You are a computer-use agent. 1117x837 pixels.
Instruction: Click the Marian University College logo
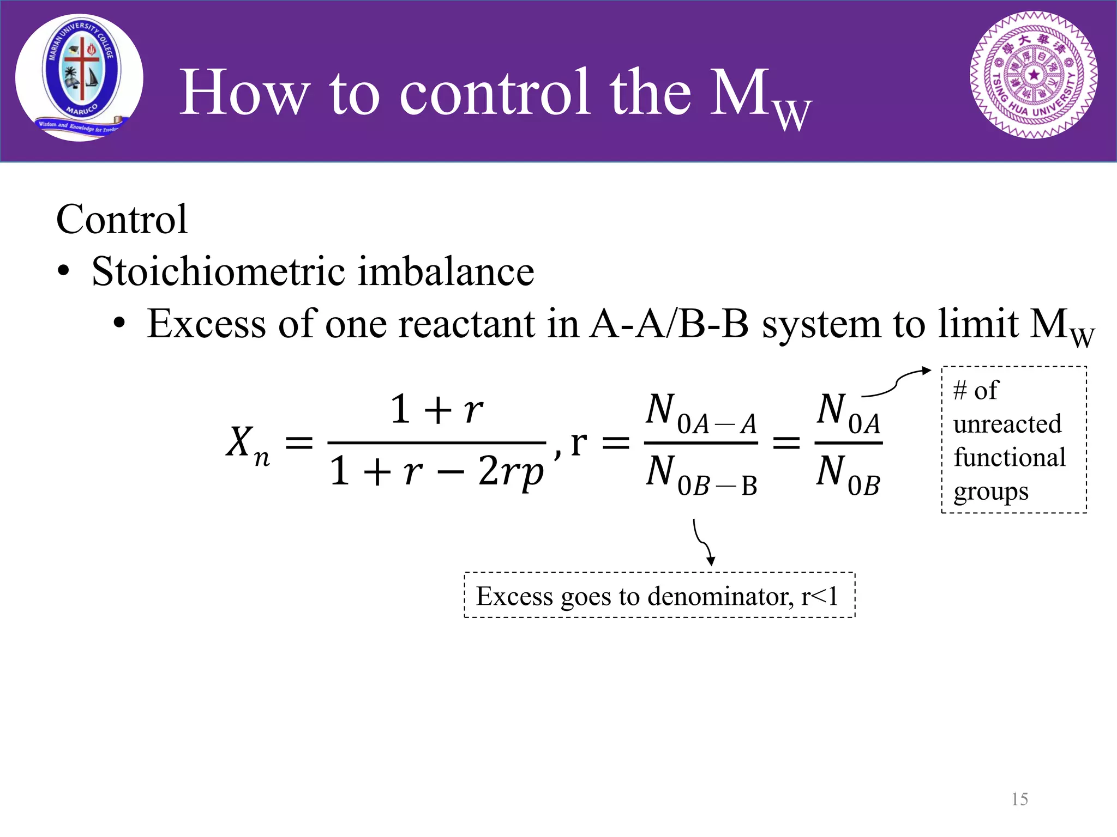tap(80, 77)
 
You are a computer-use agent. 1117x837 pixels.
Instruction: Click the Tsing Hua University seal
tap(1034, 75)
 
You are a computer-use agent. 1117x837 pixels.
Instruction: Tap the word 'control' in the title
tap(495, 93)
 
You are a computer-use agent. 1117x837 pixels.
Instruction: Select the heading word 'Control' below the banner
tap(122, 219)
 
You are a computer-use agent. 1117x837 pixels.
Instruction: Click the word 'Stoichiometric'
tap(219, 271)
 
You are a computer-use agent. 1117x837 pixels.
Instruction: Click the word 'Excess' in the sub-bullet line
tap(206, 324)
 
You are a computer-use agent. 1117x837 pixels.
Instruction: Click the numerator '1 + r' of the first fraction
tap(436, 409)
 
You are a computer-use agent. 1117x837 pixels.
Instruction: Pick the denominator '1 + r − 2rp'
tap(436, 471)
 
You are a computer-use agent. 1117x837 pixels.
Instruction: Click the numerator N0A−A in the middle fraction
tap(701, 413)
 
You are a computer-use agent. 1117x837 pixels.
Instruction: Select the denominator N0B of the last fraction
tap(848, 475)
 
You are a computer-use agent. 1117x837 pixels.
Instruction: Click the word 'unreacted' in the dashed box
tap(1007, 424)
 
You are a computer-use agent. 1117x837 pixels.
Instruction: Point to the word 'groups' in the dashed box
tap(991, 492)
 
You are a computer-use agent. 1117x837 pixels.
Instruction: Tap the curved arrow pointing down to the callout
tap(702, 542)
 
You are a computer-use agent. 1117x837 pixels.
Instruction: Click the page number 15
tap(1019, 799)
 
